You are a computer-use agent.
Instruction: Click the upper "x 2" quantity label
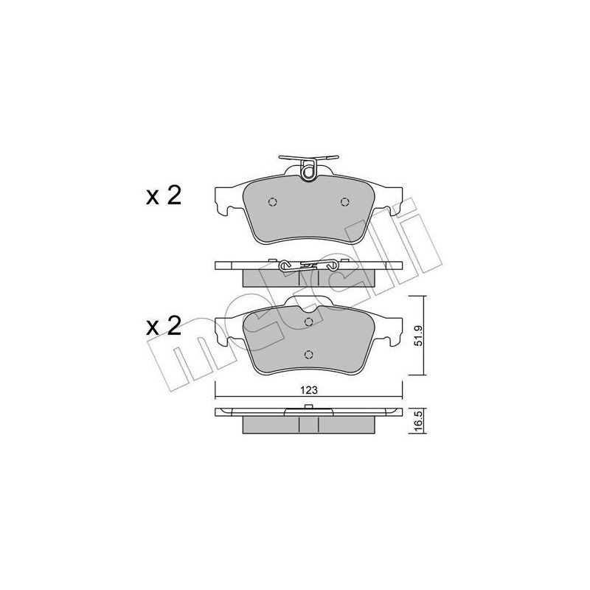[x=163, y=196]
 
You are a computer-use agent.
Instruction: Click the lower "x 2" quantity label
[x=163, y=326]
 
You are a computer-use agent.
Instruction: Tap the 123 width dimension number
[x=309, y=391]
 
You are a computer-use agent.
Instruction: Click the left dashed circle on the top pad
[x=272, y=203]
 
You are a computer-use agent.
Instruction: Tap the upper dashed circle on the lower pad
[x=309, y=322]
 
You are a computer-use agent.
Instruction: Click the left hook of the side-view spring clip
[x=284, y=265]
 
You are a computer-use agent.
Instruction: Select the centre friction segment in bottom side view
[x=308, y=425]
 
